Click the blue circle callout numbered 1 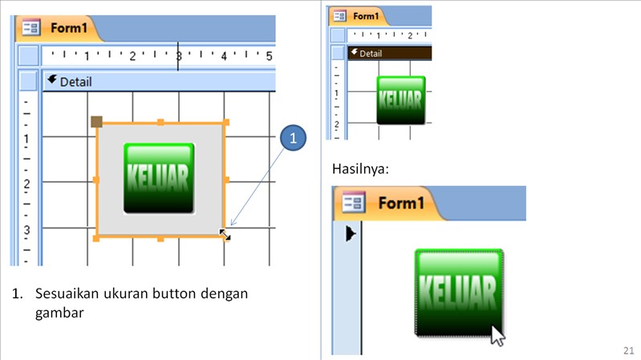pos(294,138)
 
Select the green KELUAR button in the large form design pos(160,178)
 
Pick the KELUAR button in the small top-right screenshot pos(400,100)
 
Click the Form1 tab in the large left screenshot pos(69,28)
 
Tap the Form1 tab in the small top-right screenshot pos(366,16)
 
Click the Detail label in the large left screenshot pos(75,81)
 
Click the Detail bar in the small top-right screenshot pos(370,54)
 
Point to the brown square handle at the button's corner pos(96,122)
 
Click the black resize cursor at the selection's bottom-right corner pos(225,235)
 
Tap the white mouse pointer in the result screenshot pos(498,334)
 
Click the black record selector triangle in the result pos(351,234)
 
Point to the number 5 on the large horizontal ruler pos(269,56)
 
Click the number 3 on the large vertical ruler pos(26,229)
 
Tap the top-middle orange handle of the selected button pos(160,123)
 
